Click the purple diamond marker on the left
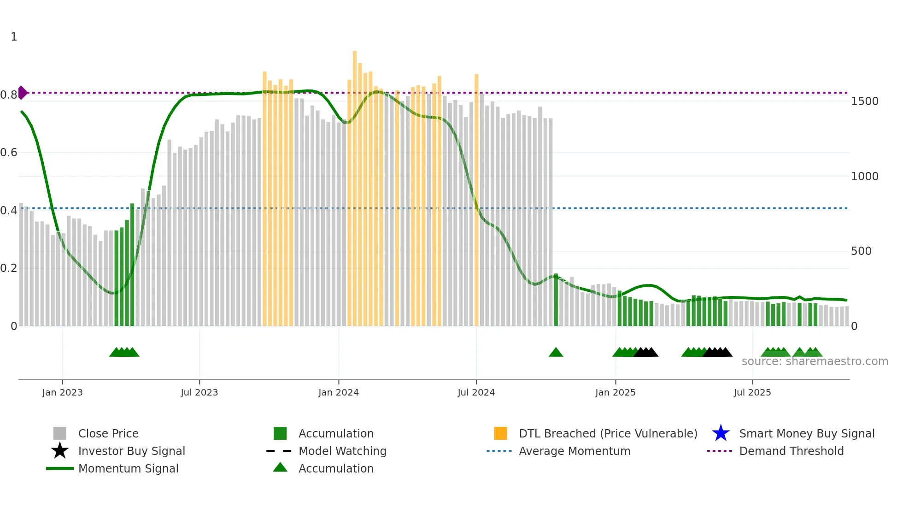tap(22, 93)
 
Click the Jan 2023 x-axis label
tap(62, 392)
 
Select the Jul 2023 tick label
tap(199, 392)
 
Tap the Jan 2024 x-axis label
tap(338, 392)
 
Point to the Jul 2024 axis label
tap(476, 392)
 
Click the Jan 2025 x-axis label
tap(615, 392)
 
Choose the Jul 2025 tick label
tap(752, 392)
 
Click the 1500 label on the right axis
tap(864, 101)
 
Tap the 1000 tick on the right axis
tap(864, 177)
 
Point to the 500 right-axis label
tap(861, 251)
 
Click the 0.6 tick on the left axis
tap(9, 153)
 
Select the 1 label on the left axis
tap(14, 37)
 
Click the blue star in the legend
tap(721, 433)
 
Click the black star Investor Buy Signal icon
tap(60, 451)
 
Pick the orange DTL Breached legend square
tap(500, 433)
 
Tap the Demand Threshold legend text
tap(791, 451)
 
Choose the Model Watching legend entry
tap(342, 451)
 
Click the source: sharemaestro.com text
tap(815, 361)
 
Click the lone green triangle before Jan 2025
tap(556, 353)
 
